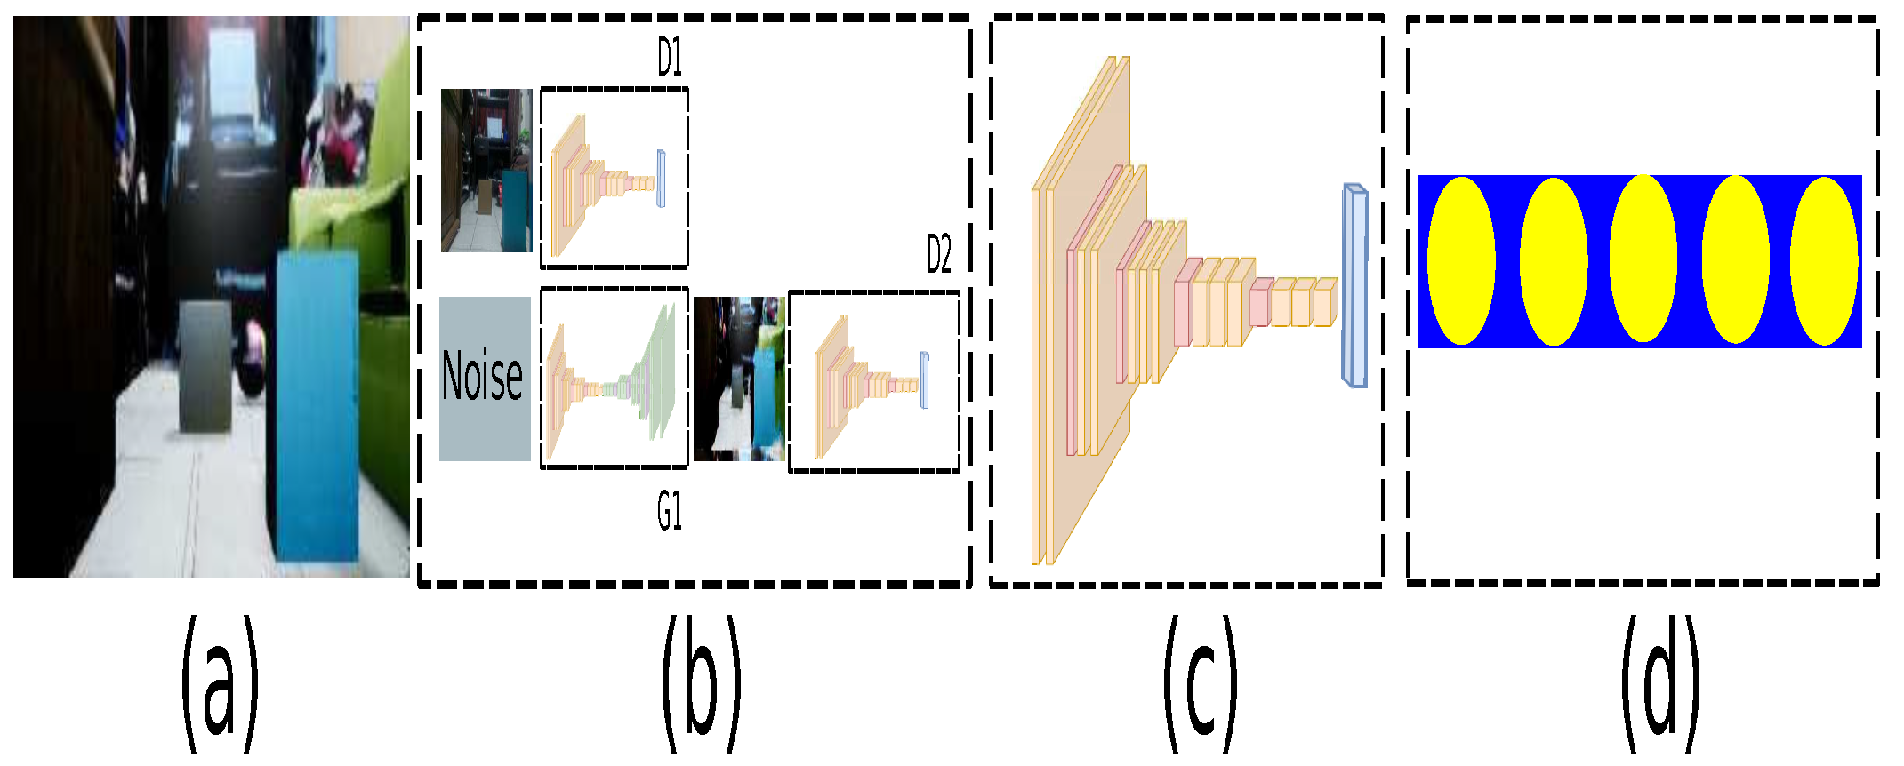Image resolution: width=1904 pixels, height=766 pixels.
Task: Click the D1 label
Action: click(670, 59)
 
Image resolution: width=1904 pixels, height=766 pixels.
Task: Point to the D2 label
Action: click(939, 255)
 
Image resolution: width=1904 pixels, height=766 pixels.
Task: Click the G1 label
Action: click(670, 512)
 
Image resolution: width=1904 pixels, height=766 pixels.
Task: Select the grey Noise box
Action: click(485, 379)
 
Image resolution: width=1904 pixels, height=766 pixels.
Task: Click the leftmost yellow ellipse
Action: click(1460, 260)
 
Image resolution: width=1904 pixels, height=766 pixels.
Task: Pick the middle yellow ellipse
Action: click(1643, 259)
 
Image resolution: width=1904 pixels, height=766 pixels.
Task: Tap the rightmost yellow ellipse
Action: click(1824, 260)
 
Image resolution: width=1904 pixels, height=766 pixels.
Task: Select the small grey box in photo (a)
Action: click(205, 367)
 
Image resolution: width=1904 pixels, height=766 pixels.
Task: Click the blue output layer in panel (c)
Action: click(1354, 285)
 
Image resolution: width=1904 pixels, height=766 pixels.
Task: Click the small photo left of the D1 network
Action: click(486, 171)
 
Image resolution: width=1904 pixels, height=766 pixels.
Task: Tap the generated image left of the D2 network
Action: click(739, 379)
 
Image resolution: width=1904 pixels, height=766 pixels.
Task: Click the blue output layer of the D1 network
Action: click(661, 179)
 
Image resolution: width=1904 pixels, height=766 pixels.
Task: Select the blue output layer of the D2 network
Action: click(925, 380)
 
